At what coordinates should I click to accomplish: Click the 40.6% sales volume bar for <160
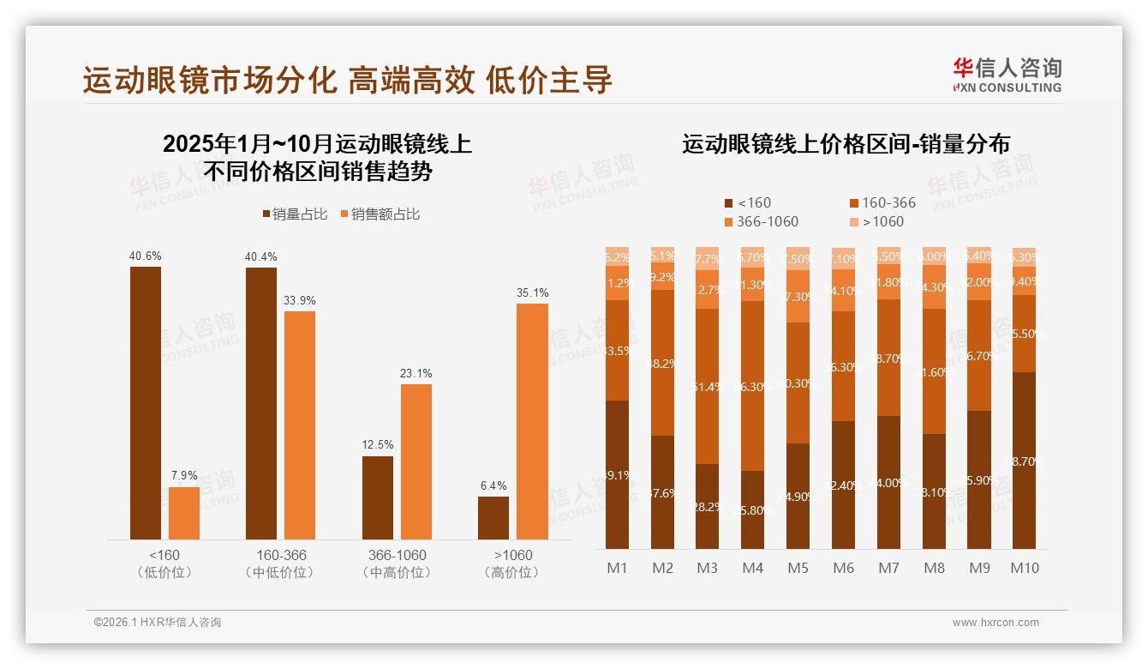146,402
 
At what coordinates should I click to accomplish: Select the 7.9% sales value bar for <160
184,513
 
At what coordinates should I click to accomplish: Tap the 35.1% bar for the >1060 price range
532,421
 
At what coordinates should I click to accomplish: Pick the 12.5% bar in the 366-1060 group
378,497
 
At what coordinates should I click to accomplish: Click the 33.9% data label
300,300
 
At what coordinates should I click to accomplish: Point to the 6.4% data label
493,485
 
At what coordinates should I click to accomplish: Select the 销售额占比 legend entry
380,214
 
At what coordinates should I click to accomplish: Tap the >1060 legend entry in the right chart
877,221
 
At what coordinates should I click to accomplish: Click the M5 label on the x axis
798,568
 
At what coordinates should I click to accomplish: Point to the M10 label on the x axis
1025,568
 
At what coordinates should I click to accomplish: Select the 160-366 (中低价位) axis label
280,563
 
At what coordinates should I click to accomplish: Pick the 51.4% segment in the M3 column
707,386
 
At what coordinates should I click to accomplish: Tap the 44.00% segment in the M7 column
888,482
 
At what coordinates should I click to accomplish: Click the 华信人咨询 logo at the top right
1007,75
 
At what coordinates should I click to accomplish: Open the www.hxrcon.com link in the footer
996,623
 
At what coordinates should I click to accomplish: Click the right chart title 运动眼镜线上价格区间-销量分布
846,144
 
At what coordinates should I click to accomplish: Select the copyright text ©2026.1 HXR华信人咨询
158,623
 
